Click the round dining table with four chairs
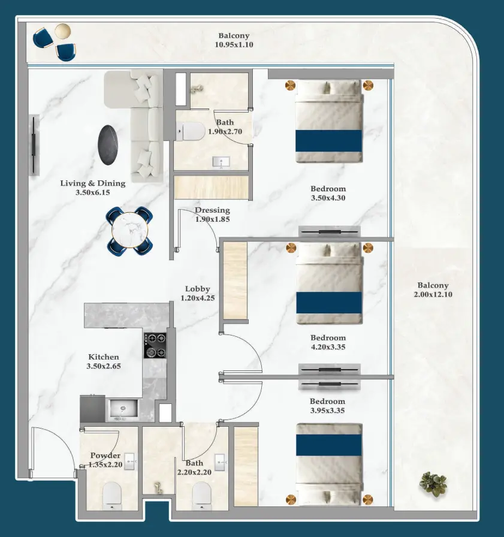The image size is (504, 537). [130, 231]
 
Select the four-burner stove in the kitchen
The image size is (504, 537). [155, 345]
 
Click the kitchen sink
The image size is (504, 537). [123, 410]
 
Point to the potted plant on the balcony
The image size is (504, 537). [433, 482]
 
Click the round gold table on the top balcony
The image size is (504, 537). [62, 31]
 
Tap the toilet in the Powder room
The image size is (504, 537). [112, 495]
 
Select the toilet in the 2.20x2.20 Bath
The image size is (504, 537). [202, 495]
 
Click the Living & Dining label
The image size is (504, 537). [93, 183]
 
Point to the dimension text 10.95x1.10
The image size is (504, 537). [234, 44]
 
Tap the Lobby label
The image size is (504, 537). [197, 289]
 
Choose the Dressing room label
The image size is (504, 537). [212, 210]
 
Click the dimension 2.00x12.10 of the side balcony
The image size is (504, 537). [433, 295]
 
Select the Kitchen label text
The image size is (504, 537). [104, 357]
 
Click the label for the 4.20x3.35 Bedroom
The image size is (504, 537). [328, 337]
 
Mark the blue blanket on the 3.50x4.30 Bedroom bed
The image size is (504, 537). [328, 140]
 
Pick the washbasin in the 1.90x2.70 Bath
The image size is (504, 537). [222, 161]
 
